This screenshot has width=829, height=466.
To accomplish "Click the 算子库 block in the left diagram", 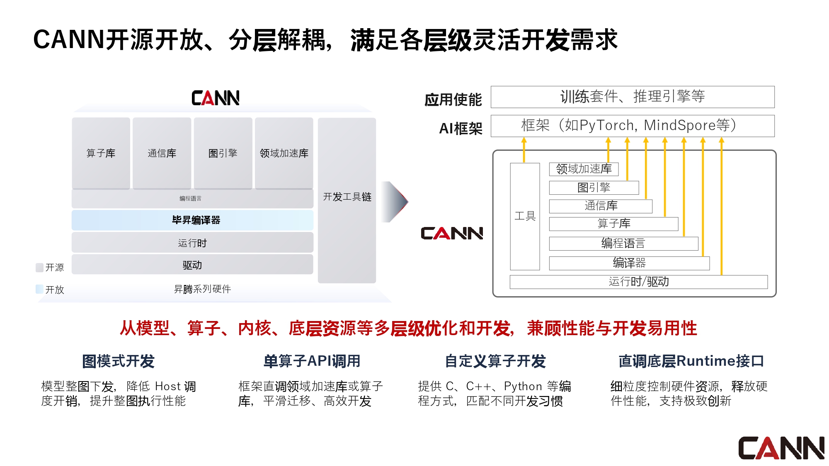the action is coord(101,153).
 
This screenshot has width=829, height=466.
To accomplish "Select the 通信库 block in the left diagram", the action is coord(162,153).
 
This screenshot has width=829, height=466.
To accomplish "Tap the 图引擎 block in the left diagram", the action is coord(223,153).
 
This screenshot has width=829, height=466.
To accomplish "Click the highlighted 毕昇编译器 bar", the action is coord(192,220).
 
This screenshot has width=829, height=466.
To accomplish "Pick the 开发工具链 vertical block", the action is coord(347,197).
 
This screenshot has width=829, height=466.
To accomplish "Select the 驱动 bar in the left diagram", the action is coord(192,265).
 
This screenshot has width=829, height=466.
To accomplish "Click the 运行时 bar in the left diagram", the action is coord(192,243).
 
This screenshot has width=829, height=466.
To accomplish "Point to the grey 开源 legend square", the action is coord(40,268).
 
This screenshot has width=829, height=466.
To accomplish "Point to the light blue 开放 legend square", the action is coord(40,289).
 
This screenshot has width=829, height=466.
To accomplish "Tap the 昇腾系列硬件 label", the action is coord(202,289).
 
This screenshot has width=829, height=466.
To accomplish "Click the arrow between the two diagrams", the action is coord(395,202).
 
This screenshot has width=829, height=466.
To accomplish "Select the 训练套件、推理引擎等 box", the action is coord(633,97).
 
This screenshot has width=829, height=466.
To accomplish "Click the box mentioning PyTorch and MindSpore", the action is coord(633,126).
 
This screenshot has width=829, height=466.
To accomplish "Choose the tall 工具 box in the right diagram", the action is coord(525,216).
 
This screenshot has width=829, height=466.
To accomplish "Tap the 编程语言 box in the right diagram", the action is coord(623,244).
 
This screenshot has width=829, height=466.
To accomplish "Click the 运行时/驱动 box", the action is coord(638,282).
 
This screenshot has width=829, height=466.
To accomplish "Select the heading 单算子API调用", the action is coord(312,361).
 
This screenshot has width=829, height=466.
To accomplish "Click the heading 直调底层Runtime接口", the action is coord(691,361).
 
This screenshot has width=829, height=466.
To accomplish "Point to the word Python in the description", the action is coord(523,386).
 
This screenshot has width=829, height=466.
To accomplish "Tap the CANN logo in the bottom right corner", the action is coord(781,448).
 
